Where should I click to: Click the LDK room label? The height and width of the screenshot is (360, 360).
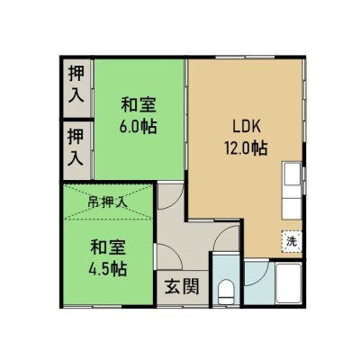pyautogui.click(x=247, y=127)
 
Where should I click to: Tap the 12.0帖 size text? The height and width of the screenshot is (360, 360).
pyautogui.click(x=246, y=148)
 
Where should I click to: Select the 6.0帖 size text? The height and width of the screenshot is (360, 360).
pyautogui.click(x=139, y=127)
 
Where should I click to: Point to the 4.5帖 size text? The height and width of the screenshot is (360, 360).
pyautogui.click(x=107, y=269)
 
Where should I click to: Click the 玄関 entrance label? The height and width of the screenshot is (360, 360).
pyautogui.click(x=182, y=286)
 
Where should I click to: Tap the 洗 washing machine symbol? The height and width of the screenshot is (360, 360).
pyautogui.click(x=292, y=241)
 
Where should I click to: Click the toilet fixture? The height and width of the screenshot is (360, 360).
pyautogui.click(x=226, y=292)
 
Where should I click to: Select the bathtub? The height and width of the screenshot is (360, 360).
pyautogui.click(x=288, y=283)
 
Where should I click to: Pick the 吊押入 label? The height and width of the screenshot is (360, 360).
pyautogui.click(x=107, y=202)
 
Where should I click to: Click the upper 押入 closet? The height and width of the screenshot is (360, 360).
pyautogui.click(x=76, y=87)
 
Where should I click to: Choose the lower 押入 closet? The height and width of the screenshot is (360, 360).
pyautogui.click(x=76, y=151)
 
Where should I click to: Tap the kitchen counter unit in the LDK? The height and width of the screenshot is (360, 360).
pyautogui.click(x=292, y=191)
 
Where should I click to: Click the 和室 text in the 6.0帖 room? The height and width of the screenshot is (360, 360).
pyautogui.click(x=139, y=104)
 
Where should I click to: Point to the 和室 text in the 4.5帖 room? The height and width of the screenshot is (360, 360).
pyautogui.click(x=108, y=247)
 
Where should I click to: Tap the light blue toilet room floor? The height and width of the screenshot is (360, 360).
pyautogui.click(x=226, y=280)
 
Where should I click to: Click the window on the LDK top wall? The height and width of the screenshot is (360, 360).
pyautogui.click(x=245, y=58)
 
